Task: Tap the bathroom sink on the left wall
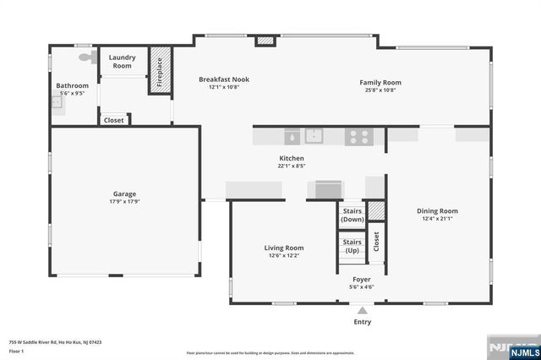point(56,103)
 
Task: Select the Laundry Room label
point(123,62)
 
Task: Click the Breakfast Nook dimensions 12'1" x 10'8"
point(224,89)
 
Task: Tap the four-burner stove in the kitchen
point(358,134)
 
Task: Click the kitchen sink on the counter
point(314,134)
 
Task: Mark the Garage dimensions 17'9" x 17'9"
point(125,202)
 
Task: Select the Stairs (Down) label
point(352,215)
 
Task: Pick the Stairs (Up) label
point(352,246)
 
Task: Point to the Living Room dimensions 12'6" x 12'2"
point(283,255)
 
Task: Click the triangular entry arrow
point(362,310)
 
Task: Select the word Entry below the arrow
point(362,322)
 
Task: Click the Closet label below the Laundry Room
point(114,121)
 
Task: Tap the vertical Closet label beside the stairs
point(376,241)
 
